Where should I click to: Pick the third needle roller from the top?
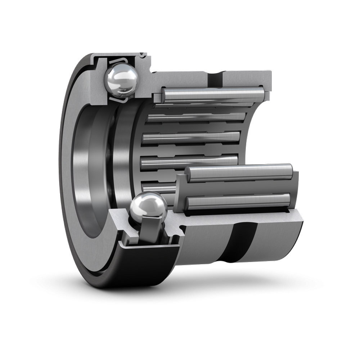191,138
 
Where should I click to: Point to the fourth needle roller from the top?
189,161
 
